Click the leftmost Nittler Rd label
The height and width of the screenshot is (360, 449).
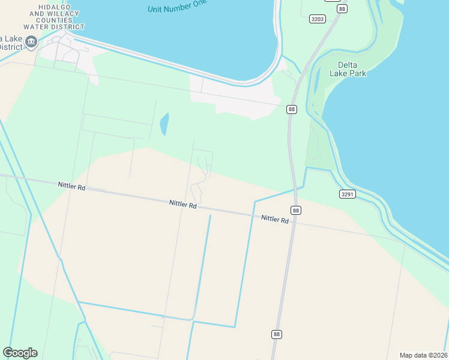click(71, 187)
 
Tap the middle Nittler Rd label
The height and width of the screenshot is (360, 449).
click(183, 205)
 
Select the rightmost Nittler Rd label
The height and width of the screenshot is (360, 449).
click(275, 219)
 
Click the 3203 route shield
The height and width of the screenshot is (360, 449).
click(318, 19)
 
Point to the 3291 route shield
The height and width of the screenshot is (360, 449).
click(347, 194)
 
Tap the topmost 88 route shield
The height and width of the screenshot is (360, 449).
click(342, 9)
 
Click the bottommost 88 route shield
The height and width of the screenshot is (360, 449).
click(276, 334)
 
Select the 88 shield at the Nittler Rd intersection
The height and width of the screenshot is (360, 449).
click(296, 210)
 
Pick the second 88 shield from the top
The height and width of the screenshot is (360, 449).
click(292, 109)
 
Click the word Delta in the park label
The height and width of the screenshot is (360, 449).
click(348, 65)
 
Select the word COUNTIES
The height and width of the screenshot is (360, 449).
click(54, 20)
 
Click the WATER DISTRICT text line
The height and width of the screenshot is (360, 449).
click(54, 27)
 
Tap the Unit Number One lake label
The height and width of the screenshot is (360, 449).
click(177, 6)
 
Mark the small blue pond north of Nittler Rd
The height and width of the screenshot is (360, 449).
click(164, 124)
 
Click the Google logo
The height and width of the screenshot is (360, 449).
click(20, 353)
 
